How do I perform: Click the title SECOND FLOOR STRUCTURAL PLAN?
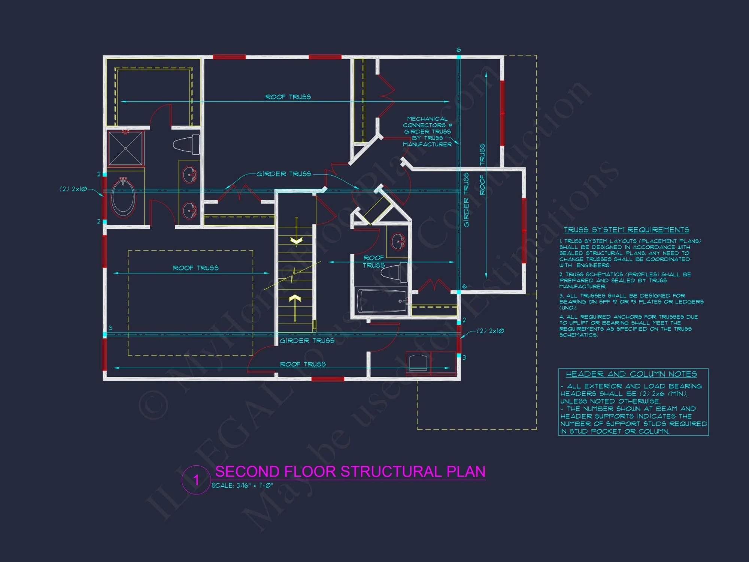pos(350,471)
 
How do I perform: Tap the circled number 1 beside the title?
pos(196,480)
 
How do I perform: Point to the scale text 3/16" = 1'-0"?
pos(242,486)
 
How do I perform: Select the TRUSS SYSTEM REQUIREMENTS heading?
pos(626,230)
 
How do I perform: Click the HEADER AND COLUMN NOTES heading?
pos(631,374)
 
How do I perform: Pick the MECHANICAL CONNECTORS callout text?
pos(427,132)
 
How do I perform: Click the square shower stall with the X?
pos(125,148)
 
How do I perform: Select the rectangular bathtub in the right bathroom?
pos(382,300)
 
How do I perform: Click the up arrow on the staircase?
pos(295,299)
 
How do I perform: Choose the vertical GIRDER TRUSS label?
pos(466,200)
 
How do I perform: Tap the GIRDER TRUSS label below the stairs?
pos(307,341)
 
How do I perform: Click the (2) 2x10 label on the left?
pos(73,189)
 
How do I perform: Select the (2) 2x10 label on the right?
pos(490,331)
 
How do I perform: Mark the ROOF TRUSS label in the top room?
pos(288,97)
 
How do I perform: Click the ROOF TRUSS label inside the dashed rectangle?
pos(195,268)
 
